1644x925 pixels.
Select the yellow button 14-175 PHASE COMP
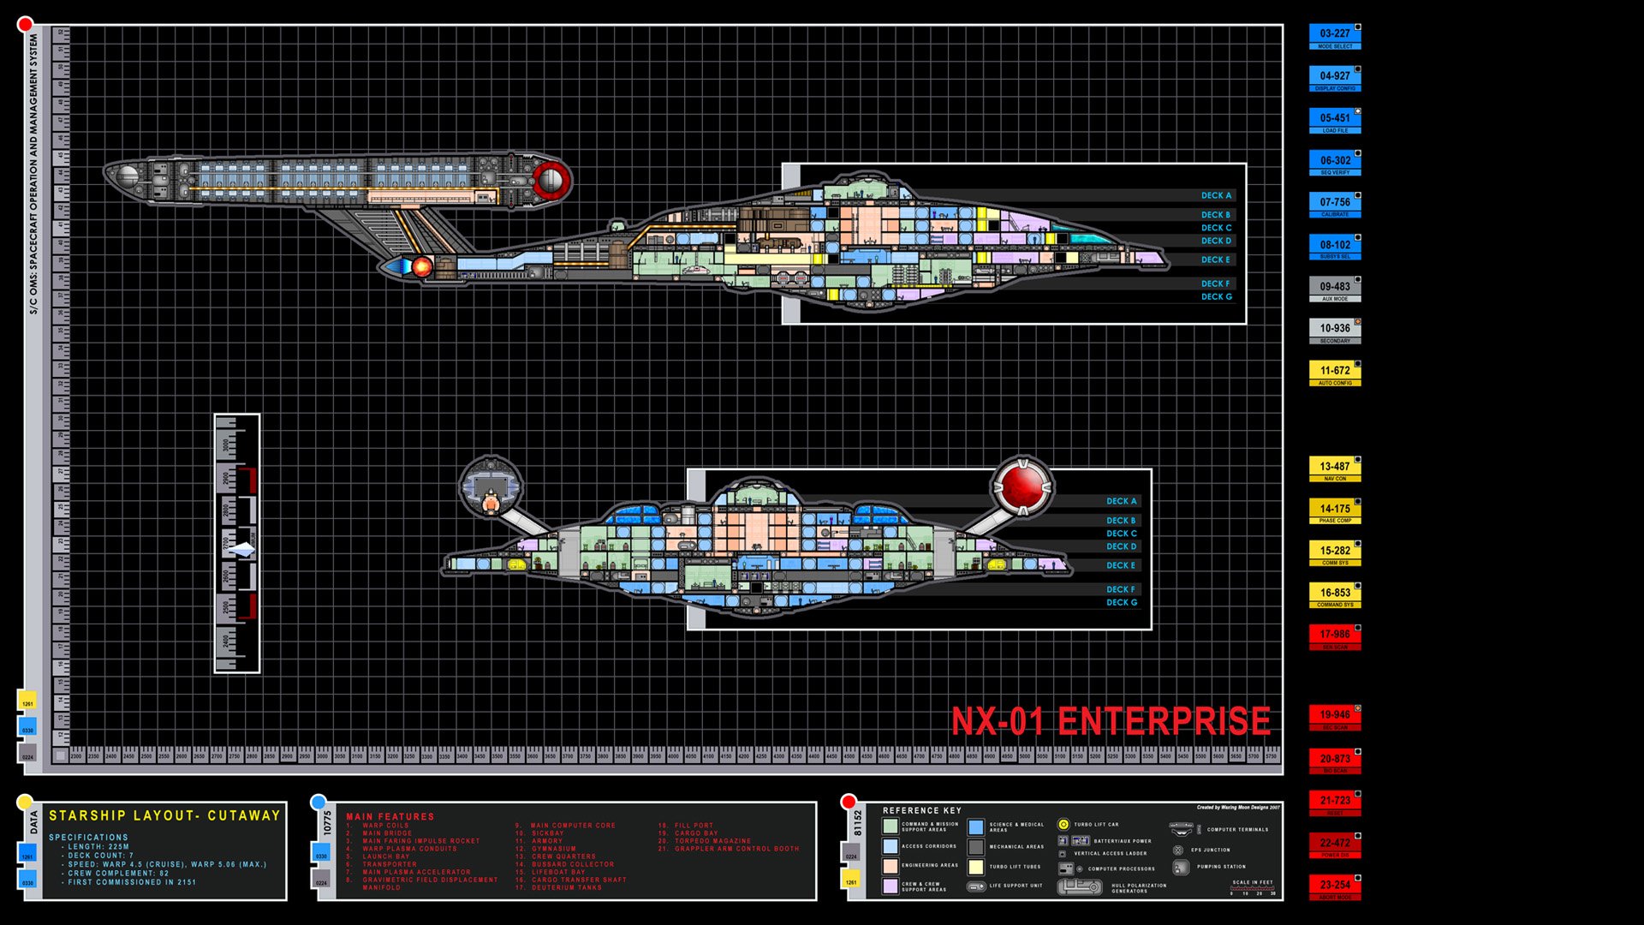tap(1334, 510)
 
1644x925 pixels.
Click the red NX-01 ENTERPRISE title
tap(1111, 722)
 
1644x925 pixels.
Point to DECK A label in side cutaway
tap(1216, 195)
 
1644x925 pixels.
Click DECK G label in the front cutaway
tap(1121, 603)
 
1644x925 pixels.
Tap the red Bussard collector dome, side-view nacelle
tap(551, 180)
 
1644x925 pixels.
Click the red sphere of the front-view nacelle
tap(1022, 486)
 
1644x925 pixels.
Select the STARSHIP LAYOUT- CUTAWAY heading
tap(164, 815)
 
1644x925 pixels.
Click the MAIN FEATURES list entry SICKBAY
tap(547, 833)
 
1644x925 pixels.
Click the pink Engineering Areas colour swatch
tap(890, 866)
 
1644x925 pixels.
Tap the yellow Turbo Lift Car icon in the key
tap(1063, 824)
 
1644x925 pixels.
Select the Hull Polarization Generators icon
tap(1080, 887)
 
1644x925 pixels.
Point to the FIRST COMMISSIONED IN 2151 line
tap(132, 882)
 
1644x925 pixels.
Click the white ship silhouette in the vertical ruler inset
tap(241, 549)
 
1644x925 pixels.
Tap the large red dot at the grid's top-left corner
tap(25, 25)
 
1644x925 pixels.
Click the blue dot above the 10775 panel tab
tap(319, 803)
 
